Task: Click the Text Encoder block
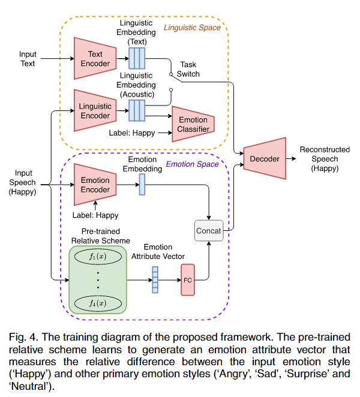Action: pyautogui.click(x=95, y=59)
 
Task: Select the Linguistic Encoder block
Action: pyautogui.click(x=95, y=110)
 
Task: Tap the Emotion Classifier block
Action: pyautogui.click(x=193, y=125)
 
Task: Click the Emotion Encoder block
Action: pyautogui.click(x=95, y=185)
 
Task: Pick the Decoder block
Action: pyautogui.click(x=264, y=159)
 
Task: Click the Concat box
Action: pyautogui.click(x=208, y=230)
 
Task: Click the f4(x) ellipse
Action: pyautogui.click(x=97, y=302)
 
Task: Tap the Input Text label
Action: pyautogui.click(x=28, y=59)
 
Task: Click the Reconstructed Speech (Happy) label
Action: pyautogui.click(x=319, y=159)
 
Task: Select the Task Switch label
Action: pyautogui.click(x=190, y=70)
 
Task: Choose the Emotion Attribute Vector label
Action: pyautogui.click(x=158, y=252)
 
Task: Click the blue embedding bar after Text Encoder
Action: pyautogui.click(x=137, y=59)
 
